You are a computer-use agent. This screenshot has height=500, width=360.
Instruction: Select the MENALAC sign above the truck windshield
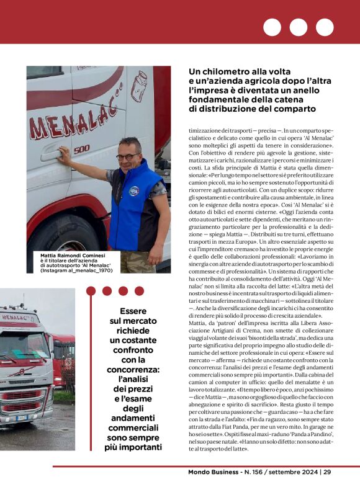coord(19,318)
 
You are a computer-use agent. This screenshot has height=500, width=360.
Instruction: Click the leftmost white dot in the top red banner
coord(272,27)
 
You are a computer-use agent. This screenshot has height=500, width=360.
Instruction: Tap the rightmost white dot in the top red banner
coord(324,27)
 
